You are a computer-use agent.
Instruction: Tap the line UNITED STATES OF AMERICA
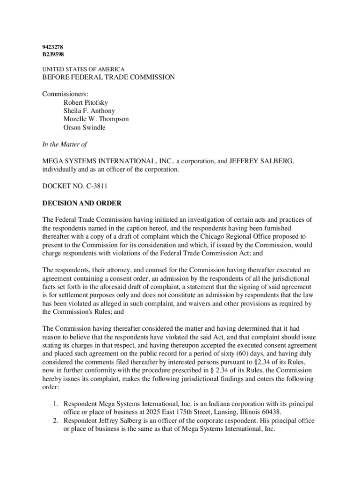[x=84, y=69]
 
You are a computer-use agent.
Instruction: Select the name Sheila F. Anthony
[x=89, y=111]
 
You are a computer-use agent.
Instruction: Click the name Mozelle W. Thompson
[x=96, y=119]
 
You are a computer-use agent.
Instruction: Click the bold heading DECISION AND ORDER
[x=82, y=203]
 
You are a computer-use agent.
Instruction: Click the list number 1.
[x=54, y=403]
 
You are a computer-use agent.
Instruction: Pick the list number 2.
[x=54, y=421]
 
